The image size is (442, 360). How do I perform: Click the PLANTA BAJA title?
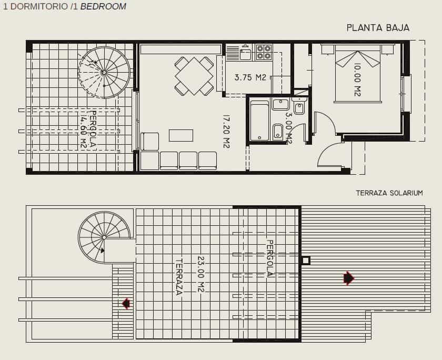pos(378,28)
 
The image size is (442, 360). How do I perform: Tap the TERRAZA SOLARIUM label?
pos(389,193)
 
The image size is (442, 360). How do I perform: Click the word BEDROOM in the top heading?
pos(103,7)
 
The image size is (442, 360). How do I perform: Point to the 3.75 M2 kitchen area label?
pos(250,77)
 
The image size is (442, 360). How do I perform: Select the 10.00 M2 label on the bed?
pos(357,79)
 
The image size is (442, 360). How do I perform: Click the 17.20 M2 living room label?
pos(226,132)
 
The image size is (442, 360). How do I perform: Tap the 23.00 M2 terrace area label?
pos(200,274)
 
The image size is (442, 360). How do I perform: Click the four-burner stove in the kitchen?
pos(264,52)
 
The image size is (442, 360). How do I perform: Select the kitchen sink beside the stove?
pos(246,53)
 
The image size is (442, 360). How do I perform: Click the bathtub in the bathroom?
pos(259,122)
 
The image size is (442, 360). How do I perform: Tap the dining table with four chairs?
pos(194,76)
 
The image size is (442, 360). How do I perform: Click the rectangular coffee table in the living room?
pos(180,135)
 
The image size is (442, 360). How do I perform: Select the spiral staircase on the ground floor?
pos(104,72)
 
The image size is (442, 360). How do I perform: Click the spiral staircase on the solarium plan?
pos(104,237)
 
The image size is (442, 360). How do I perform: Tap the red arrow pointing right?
pos(348,278)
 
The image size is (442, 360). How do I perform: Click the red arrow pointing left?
pos(126,303)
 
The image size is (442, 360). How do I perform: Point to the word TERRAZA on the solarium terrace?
pos(179,276)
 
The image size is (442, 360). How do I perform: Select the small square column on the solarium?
pos(306,261)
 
